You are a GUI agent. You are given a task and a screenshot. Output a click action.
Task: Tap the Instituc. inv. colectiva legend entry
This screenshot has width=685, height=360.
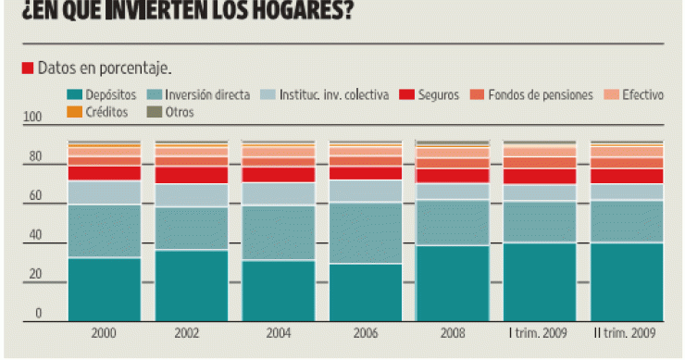(320, 94)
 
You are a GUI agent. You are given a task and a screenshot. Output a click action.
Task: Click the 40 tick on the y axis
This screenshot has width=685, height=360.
(36, 236)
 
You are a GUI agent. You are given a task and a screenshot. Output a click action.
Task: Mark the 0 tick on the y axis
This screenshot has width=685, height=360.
(39, 315)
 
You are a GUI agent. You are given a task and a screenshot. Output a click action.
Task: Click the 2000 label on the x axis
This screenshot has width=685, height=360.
(104, 332)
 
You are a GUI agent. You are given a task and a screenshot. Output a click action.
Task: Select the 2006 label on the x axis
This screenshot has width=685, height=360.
(365, 332)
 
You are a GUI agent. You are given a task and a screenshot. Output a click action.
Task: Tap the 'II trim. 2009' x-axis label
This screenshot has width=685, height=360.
(627, 332)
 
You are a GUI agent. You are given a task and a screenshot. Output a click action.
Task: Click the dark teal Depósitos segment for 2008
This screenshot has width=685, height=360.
(453, 282)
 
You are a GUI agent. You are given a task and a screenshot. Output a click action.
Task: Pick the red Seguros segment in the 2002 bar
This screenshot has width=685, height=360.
(191, 175)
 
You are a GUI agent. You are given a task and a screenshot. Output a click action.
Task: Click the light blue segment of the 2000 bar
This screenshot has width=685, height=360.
(104, 192)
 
